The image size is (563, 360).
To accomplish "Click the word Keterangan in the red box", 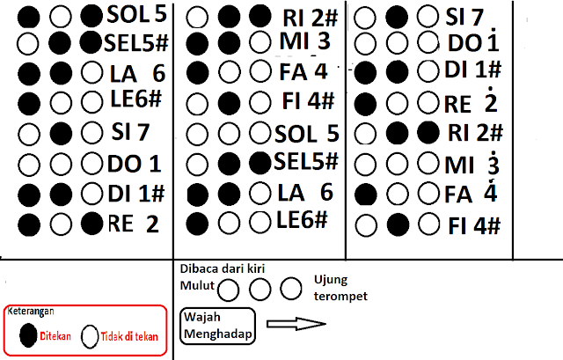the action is coord(31,311).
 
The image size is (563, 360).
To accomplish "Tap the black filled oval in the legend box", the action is coord(28,335).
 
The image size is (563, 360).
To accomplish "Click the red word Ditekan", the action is coord(55,336).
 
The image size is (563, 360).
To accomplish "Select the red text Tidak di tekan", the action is coord(129,336).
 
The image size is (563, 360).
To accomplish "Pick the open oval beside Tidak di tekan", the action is coord(90,336).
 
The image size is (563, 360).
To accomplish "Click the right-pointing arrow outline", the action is coord(296,324).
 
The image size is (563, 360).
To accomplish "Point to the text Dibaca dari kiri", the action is coord(223,268).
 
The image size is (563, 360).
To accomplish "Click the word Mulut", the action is coord(197,286).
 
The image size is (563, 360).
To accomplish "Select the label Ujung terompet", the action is coord(340,288).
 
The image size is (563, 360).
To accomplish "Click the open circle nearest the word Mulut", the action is coord(229,290).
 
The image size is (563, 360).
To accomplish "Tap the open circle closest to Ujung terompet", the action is coord(291,288).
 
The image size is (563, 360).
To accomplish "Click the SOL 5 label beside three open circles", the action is coord(307,134).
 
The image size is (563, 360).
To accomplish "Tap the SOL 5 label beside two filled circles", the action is coord(137,14).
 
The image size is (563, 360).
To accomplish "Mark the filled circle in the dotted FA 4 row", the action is coord(366,195).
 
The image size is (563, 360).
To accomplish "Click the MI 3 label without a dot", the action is coord(305,41).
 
